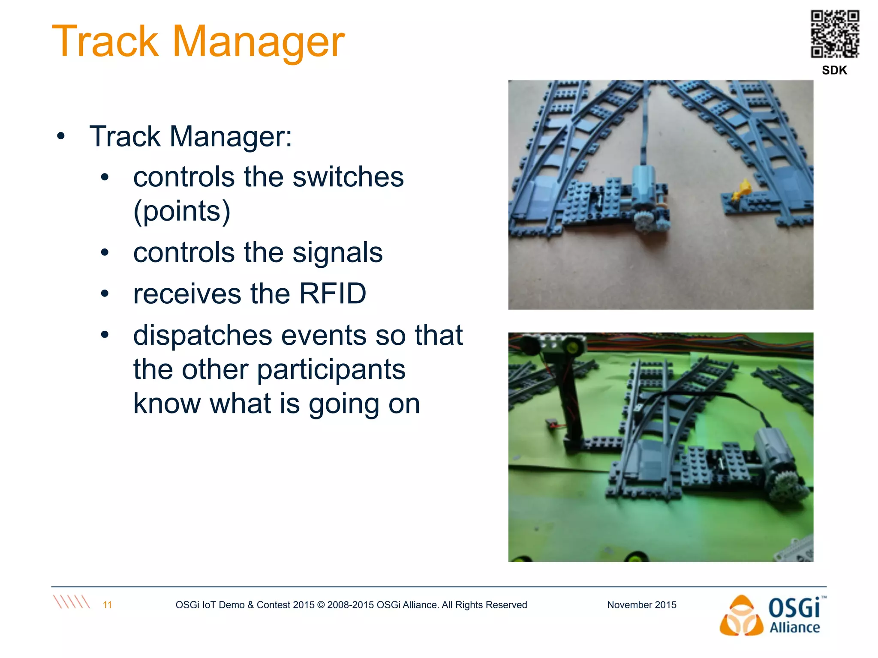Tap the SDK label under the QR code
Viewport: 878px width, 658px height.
[x=834, y=70]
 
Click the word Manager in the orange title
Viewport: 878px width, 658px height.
[x=258, y=42]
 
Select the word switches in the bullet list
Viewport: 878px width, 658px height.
[x=348, y=177]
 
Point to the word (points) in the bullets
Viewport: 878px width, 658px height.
[x=182, y=211]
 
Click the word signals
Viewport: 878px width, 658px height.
[x=337, y=252]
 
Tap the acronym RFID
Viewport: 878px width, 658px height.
[x=332, y=294]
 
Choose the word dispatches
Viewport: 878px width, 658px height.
[x=202, y=335]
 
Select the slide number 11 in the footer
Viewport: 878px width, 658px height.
[x=107, y=605]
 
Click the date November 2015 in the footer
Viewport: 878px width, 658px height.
[x=641, y=605]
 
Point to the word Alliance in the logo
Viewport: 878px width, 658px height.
[x=794, y=628]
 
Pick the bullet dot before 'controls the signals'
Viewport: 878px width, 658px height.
[x=105, y=253]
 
